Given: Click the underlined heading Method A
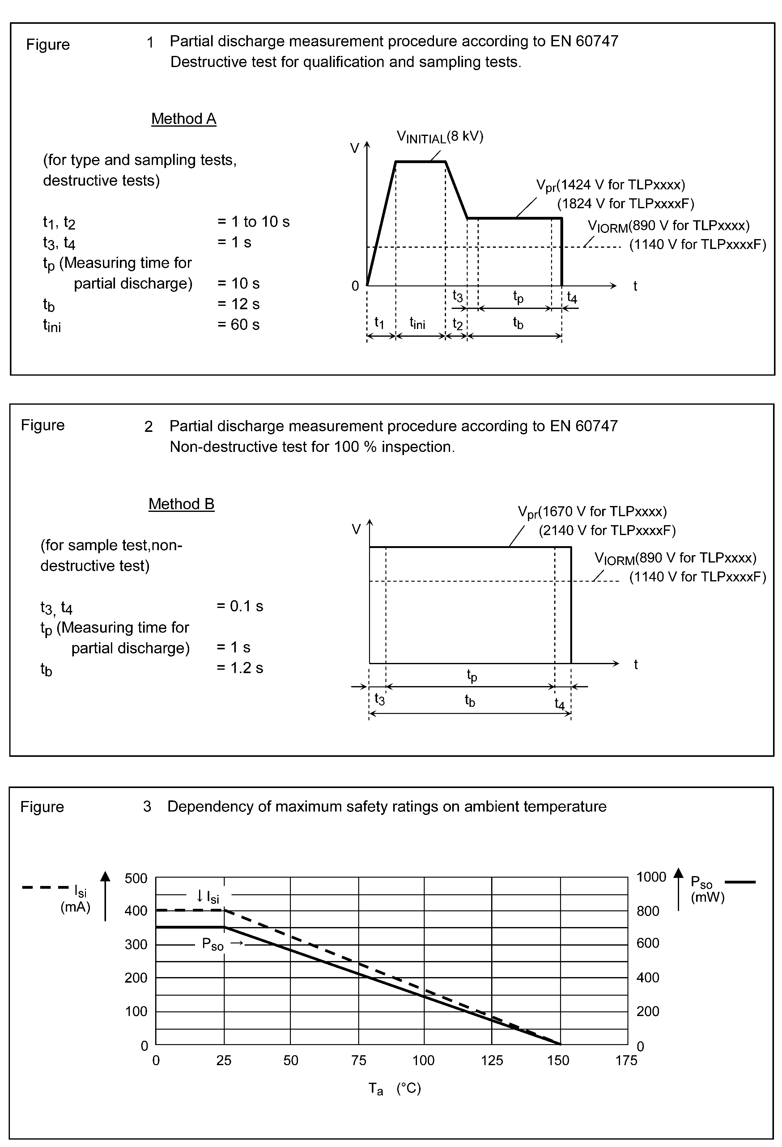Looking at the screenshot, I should point(184,119).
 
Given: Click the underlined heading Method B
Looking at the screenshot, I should point(181,504).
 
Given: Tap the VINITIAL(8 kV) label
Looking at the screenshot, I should point(440,137).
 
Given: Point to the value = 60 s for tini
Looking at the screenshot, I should point(238,325).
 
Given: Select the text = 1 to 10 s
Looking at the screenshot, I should point(253,221).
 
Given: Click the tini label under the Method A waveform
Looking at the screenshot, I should point(417,323).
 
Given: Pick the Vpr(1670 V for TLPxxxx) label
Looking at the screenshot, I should point(592,512).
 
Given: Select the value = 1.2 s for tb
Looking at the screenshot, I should point(240,668).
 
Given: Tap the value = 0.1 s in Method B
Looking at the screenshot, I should point(240,606).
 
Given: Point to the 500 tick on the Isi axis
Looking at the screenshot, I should point(136,879).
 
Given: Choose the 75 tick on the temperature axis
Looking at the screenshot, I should point(359,1061).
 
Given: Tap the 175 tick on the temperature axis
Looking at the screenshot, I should point(626,1061).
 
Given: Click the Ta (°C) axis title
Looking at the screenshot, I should point(394,1088).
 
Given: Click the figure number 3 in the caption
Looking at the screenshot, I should point(147,807).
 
